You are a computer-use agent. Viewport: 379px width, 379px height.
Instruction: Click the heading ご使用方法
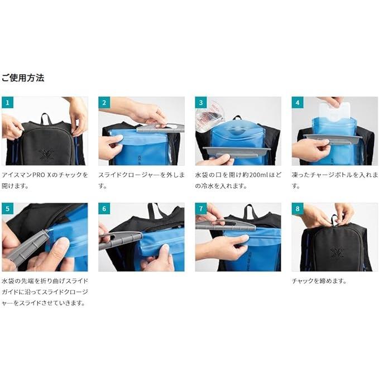coord(23,78)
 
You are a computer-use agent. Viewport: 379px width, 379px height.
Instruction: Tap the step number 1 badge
coord(7,103)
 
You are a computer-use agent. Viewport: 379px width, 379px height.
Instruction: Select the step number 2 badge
coord(104,103)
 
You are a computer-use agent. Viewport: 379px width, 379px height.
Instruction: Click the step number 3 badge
coord(201,103)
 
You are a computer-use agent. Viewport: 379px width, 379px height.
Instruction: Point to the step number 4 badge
coord(298,103)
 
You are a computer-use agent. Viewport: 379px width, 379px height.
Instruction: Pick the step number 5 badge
coord(7,209)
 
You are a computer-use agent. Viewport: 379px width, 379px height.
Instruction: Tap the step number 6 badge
coord(104,209)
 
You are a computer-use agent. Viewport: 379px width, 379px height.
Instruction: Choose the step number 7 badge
coord(201,209)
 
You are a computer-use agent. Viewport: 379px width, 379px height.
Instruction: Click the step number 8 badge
coord(298,209)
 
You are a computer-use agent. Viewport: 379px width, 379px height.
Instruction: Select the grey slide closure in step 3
coord(237,152)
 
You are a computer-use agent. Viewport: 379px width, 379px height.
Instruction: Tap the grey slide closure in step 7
coord(226,226)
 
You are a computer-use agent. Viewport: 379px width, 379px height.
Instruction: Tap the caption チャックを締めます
coord(319,281)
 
